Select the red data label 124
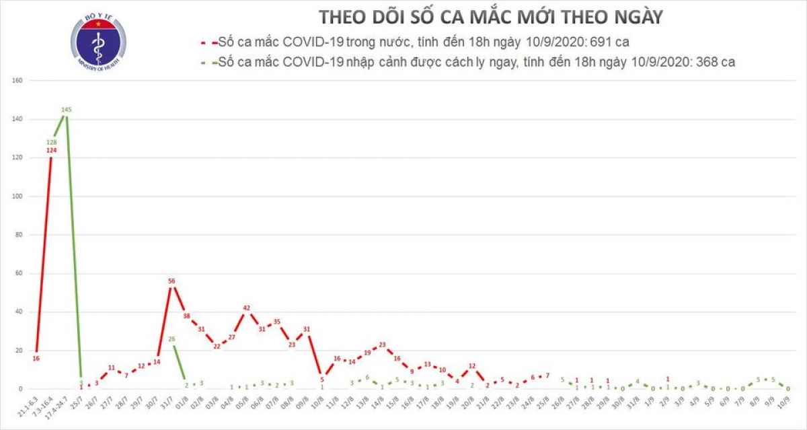tap(52, 150)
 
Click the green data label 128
tap(52, 142)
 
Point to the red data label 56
tap(171, 281)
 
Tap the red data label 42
tap(247, 301)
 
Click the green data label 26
tap(171, 339)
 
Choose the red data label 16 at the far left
tap(36, 359)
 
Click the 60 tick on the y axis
tap(20, 274)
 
